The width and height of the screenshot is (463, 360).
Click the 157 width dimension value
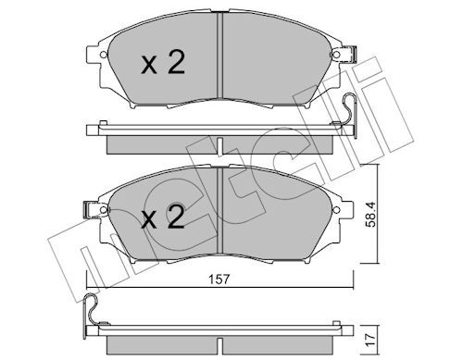click(219, 279)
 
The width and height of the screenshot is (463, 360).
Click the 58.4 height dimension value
click(370, 215)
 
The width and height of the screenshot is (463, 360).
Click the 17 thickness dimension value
click(370, 339)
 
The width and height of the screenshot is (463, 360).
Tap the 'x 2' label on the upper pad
click(163, 62)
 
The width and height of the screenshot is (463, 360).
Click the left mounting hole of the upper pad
click(104, 55)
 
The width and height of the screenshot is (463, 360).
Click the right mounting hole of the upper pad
click(336, 55)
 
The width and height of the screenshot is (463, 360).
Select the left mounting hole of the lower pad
click(104, 210)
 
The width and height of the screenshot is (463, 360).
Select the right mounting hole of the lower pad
click(336, 209)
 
